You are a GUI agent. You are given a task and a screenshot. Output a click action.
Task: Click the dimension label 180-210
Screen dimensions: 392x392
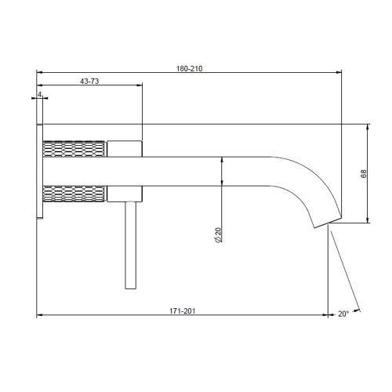[191, 68]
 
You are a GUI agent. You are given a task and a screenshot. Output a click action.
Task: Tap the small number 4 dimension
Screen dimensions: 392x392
[39, 93]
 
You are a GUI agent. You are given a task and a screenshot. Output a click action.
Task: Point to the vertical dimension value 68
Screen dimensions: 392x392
[362, 173]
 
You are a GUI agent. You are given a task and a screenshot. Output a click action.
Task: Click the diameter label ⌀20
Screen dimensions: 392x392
[217, 234]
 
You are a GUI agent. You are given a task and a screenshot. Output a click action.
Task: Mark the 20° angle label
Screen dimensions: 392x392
[343, 314]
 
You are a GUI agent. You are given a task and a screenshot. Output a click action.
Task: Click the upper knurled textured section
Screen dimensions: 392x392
[74, 148]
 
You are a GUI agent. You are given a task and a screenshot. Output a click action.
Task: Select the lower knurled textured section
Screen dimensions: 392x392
[74, 192]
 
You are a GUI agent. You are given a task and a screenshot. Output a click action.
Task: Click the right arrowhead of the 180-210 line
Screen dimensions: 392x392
[339, 74]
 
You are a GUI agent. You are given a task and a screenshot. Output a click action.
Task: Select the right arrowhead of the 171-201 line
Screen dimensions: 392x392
[325, 316]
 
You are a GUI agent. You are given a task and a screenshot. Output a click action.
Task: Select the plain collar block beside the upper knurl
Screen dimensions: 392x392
[124, 148]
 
